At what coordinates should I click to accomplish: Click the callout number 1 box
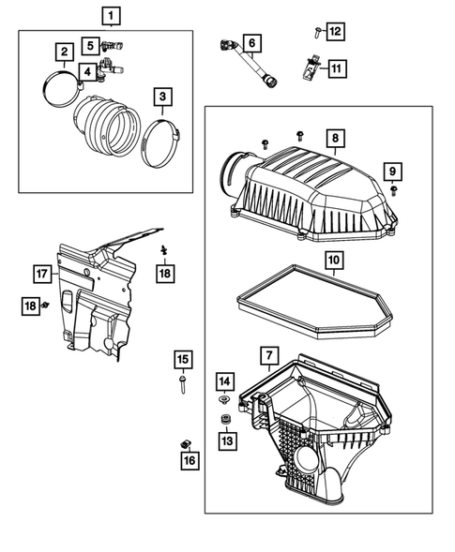(112, 15)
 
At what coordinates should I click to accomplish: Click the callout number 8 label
(333, 138)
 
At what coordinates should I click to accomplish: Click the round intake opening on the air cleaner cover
(230, 175)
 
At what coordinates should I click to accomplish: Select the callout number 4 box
(86, 71)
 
